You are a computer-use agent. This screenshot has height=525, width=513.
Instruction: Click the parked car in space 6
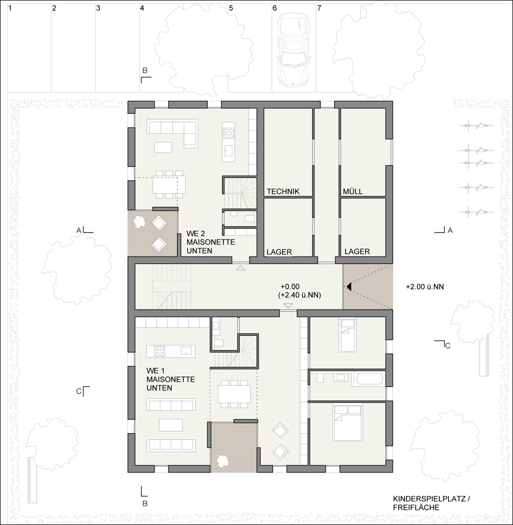[292, 51]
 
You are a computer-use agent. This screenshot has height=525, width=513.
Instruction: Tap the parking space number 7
[319, 8]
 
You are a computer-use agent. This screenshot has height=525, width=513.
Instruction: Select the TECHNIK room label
[283, 192]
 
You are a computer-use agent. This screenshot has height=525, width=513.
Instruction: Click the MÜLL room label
[353, 192]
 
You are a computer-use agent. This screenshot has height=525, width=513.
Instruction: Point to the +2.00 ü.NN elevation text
[425, 287]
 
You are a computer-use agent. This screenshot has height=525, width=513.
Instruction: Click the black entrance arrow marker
[348, 287]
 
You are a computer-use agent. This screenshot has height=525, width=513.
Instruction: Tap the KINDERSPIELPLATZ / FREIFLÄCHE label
[431, 503]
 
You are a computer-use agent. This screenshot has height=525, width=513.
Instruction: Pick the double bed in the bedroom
[348, 423]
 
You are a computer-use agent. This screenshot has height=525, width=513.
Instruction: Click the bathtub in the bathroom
[371, 379]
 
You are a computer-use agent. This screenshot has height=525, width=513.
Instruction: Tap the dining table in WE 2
[169, 184]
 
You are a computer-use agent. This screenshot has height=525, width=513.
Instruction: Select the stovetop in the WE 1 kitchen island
[159, 351]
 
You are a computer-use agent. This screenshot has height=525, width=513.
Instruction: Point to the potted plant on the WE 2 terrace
[139, 222]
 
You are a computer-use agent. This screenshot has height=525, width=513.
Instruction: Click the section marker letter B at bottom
[145, 503]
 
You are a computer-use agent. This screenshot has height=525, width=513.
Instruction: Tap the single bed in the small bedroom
[347, 335]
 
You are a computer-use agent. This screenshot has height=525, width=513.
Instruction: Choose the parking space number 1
[10, 8]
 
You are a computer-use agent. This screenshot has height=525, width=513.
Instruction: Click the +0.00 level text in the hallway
[290, 287]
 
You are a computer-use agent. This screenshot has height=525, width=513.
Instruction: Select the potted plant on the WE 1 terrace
[222, 461]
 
